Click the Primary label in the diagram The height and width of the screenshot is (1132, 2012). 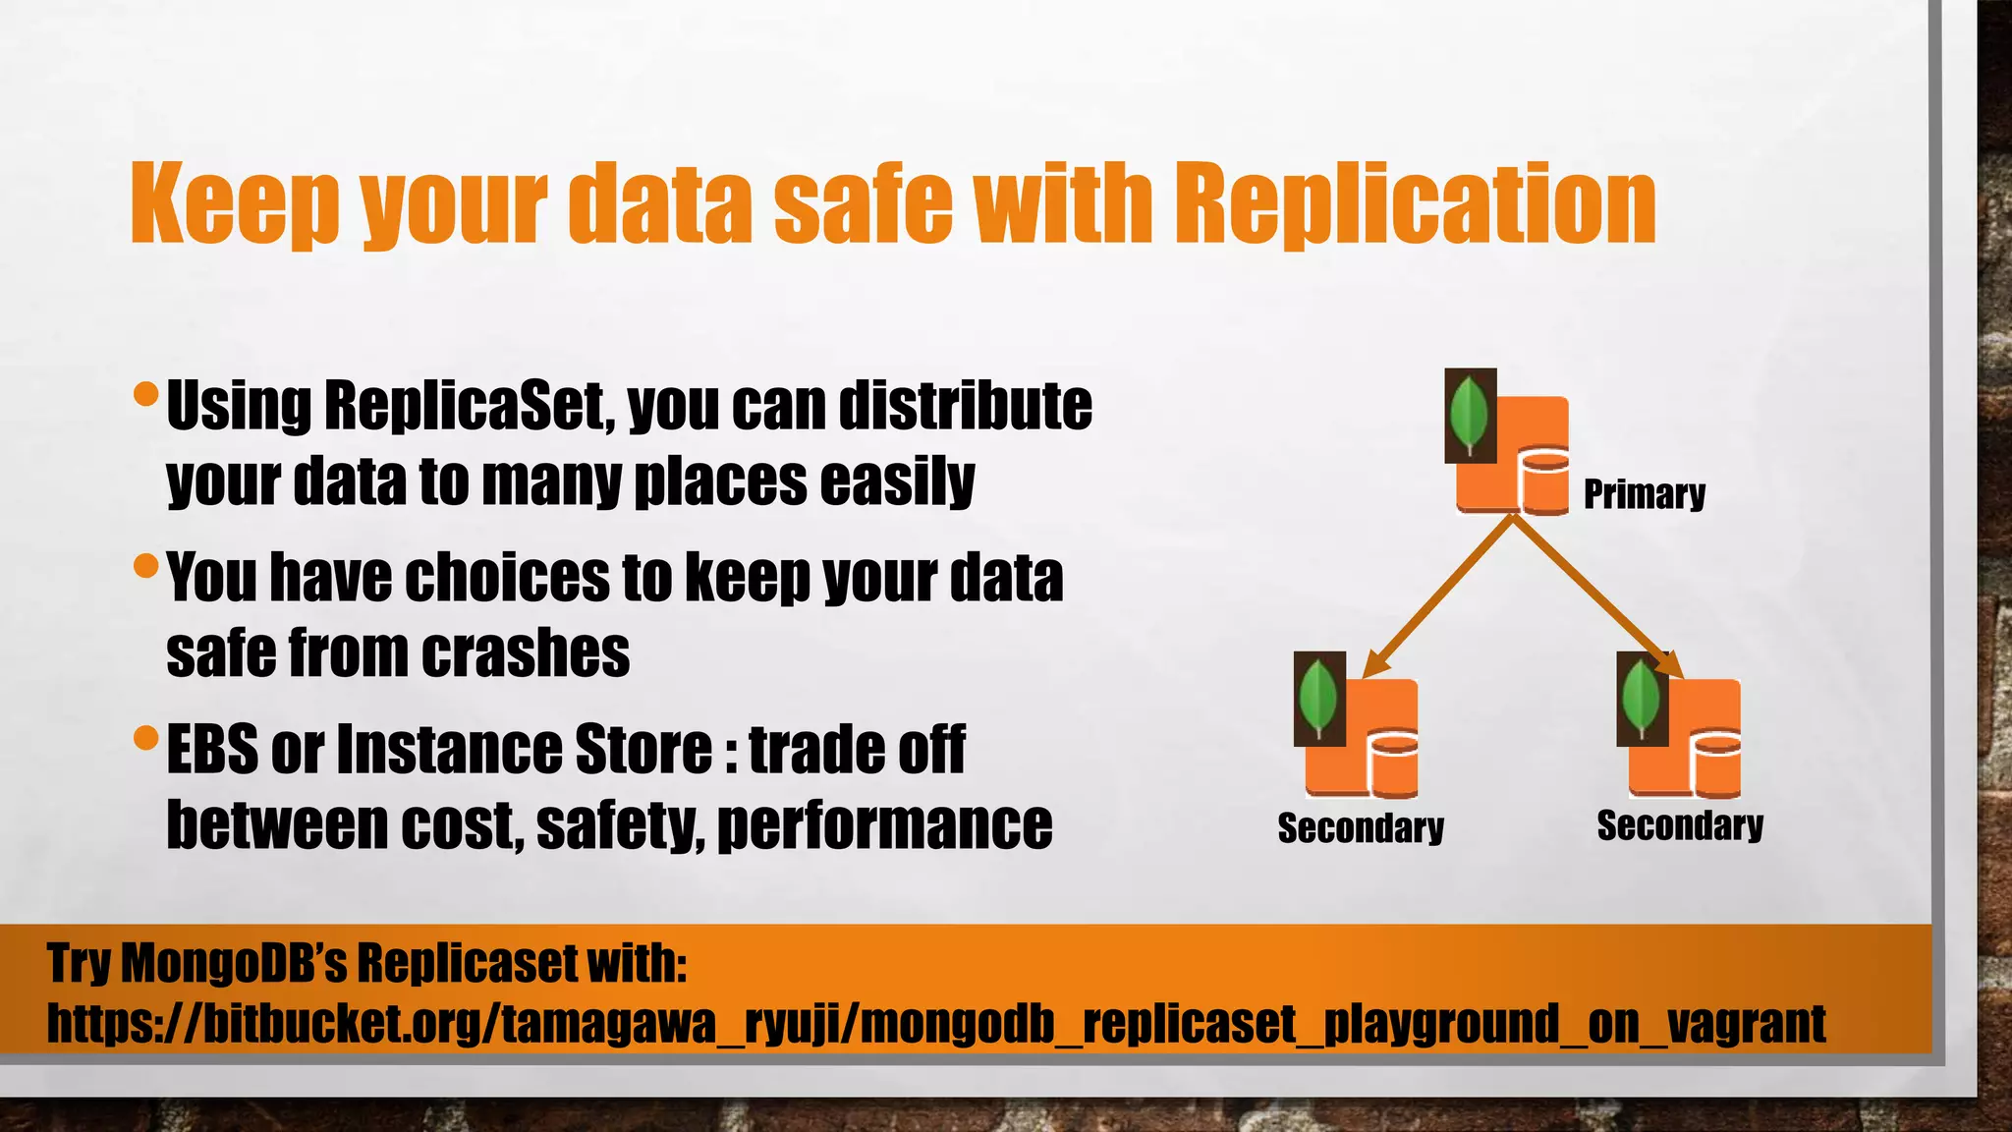coord(1644,493)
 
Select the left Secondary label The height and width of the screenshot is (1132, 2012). coord(1361,827)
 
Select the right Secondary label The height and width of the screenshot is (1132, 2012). coord(1680,825)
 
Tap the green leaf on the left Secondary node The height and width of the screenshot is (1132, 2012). coord(1318,698)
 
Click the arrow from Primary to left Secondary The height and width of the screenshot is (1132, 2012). coord(1439,595)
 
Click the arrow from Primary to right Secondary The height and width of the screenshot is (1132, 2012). coord(1592,595)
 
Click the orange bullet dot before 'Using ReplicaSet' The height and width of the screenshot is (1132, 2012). coord(145,395)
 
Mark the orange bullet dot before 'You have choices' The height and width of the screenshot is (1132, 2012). coord(145,566)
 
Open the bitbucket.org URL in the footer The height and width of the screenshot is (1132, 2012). coord(936,1024)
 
